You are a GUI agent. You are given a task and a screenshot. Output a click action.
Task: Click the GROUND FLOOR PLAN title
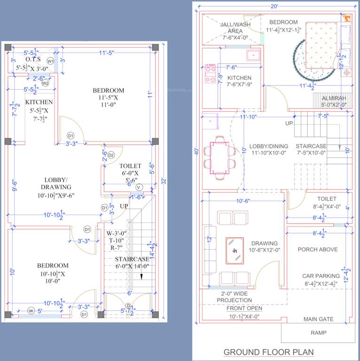(x=268, y=352)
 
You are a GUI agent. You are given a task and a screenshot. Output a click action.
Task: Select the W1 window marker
(x=50, y=61)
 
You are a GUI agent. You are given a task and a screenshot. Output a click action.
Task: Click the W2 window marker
(x=45, y=83)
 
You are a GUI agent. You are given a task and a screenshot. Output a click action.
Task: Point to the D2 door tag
(x=111, y=155)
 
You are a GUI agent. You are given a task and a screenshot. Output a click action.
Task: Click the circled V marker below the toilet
(x=139, y=188)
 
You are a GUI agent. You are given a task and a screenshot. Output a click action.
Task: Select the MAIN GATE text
(x=318, y=319)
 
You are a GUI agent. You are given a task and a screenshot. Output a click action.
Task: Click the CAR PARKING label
(x=321, y=276)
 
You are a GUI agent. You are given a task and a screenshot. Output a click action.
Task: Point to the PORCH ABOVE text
(x=318, y=250)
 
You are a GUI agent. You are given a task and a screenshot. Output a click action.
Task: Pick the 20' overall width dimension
(x=274, y=6)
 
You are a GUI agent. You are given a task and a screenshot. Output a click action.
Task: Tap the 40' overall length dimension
(x=196, y=151)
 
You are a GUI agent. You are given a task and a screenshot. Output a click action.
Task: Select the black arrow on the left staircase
(x=141, y=276)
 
